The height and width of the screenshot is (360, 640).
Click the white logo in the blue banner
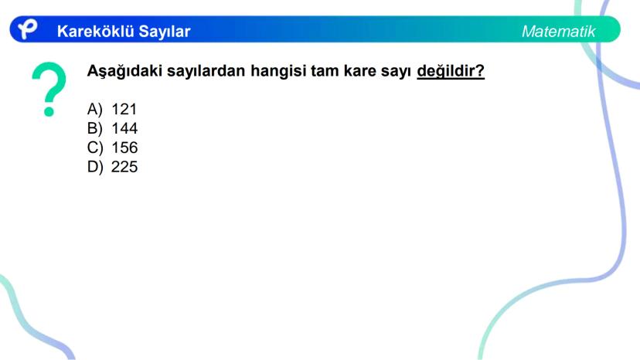27,29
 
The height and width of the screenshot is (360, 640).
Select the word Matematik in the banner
558,32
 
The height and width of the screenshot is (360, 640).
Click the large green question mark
49,89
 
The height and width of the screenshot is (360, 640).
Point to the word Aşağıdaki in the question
125,71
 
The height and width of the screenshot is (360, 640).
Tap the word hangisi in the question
278,71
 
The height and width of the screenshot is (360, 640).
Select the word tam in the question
325,71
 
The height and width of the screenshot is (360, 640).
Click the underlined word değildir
451,71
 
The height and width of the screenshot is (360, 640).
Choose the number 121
124,110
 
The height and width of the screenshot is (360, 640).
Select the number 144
124,128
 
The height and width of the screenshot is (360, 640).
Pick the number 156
124,148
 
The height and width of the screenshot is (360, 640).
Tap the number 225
124,167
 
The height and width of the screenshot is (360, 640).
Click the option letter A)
95,110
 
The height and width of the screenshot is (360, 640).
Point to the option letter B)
95,128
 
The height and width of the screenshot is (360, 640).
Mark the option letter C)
95,148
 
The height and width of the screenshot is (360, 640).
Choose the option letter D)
95,167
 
